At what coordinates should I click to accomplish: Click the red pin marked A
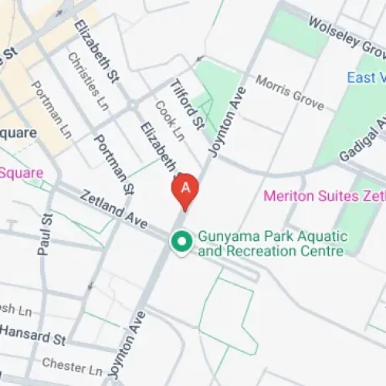(185, 190)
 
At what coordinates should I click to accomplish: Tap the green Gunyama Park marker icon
(181, 242)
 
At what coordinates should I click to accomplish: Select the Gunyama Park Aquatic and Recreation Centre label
(272, 243)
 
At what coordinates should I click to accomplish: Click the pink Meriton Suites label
(324, 195)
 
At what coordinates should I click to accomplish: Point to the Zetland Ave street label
(114, 209)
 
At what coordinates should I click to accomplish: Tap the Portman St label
(113, 164)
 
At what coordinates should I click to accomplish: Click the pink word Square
(22, 172)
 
